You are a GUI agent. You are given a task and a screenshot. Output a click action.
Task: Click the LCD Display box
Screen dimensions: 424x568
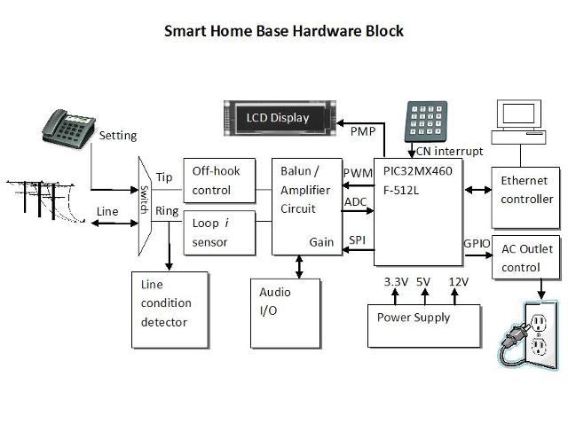(x=279, y=118)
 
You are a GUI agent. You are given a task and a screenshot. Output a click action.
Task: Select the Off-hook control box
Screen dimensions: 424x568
(x=217, y=180)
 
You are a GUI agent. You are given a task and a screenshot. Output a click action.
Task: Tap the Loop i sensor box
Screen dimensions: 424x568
(x=217, y=232)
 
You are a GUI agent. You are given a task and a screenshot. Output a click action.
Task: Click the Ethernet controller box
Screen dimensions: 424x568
(x=527, y=189)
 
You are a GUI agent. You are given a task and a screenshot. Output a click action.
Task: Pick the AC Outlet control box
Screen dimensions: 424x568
(x=527, y=258)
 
